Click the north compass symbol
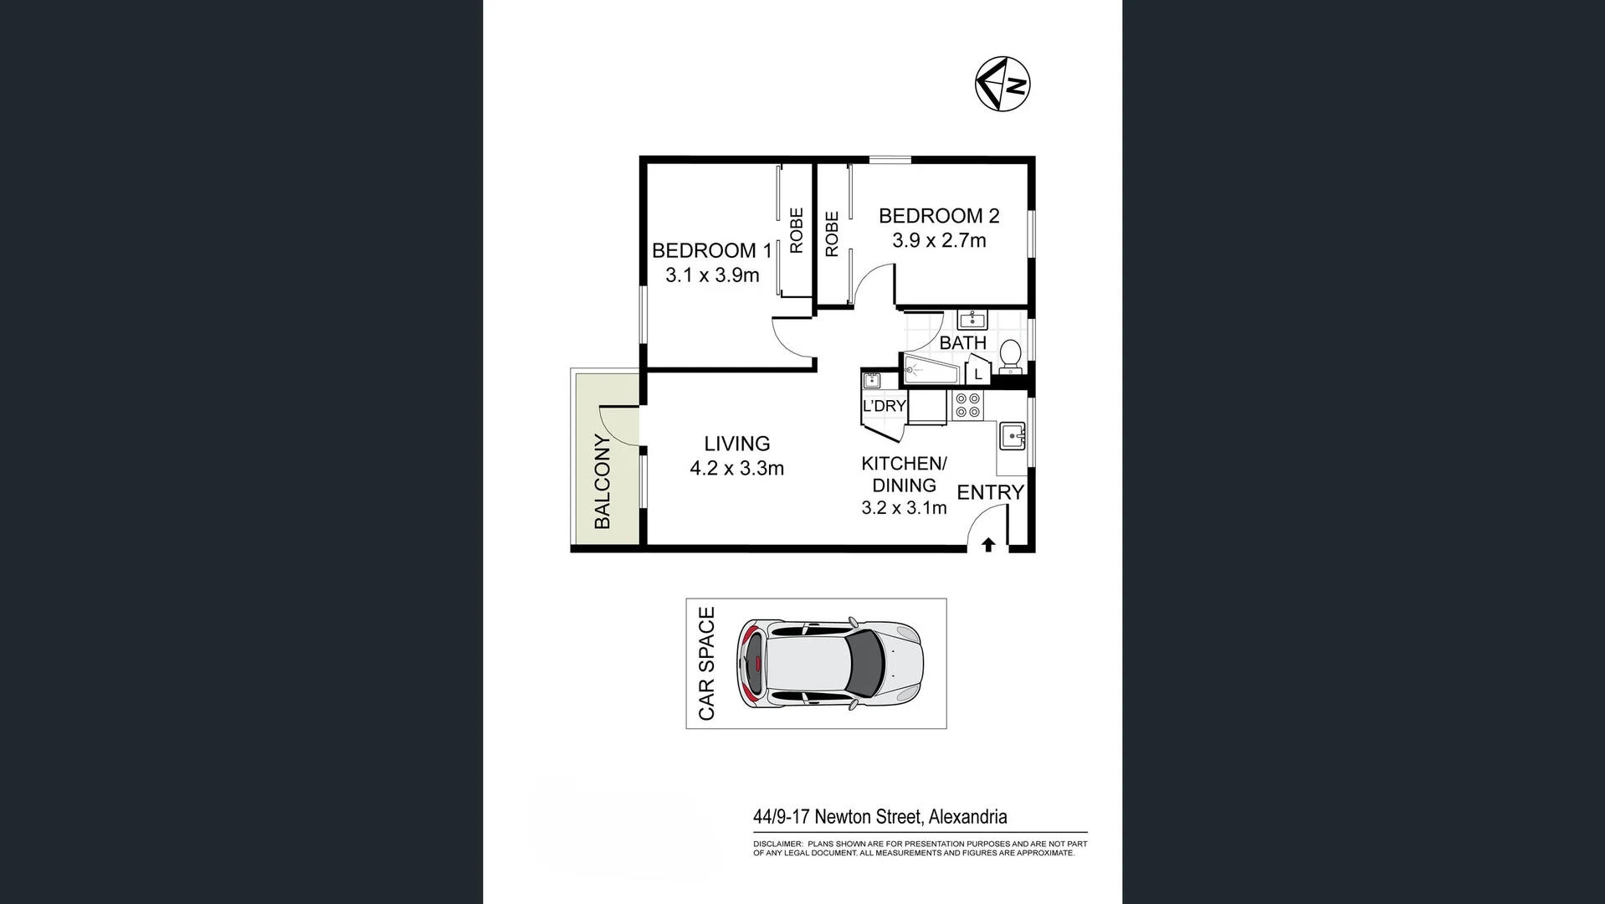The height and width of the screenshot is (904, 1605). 1002,84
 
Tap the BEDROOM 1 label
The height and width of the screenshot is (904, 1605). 711,250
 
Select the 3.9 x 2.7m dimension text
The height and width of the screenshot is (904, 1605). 939,241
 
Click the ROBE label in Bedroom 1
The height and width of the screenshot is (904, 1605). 797,231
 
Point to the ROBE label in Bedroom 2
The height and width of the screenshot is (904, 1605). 832,234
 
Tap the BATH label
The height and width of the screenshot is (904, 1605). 962,343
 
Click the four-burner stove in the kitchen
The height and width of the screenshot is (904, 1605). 968,405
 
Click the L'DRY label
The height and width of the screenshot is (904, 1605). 885,406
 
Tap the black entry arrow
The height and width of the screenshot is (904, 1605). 987,545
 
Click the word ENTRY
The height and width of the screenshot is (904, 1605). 991,492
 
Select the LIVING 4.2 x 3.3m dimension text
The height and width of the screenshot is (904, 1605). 736,469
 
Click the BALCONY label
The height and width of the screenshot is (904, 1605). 603,481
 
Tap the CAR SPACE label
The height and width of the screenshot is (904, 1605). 706,664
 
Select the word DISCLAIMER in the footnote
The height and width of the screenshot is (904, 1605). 777,844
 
